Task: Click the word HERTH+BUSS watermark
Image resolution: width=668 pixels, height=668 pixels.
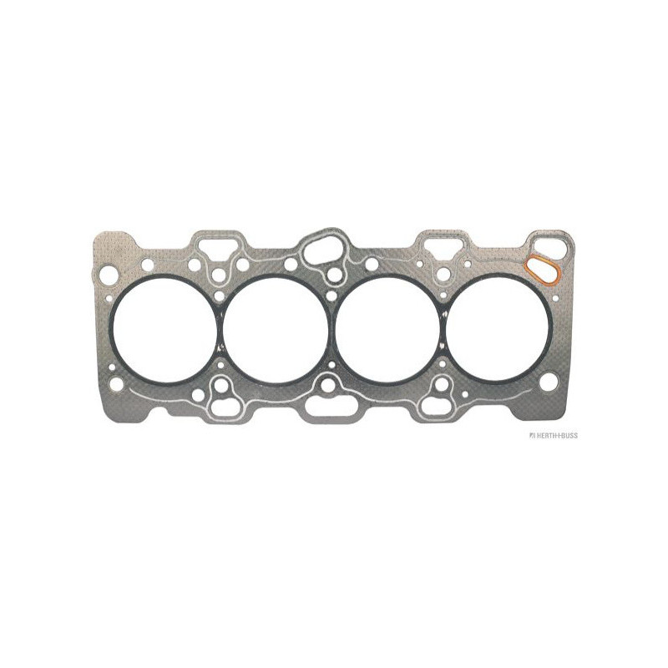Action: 553,435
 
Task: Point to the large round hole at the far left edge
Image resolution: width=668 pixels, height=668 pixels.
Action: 109,274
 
